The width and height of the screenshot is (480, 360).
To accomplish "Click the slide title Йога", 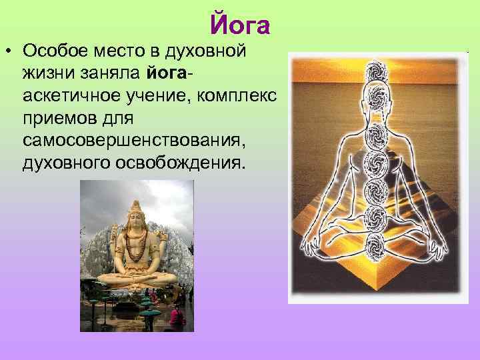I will pos(240,25).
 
